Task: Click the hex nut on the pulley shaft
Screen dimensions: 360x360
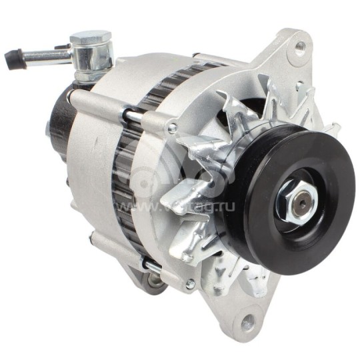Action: pos(294,198)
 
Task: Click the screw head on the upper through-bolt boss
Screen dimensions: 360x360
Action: pos(173,128)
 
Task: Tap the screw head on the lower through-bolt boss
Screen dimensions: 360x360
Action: pos(190,284)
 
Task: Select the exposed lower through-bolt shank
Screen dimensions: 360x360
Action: pos(153,267)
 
